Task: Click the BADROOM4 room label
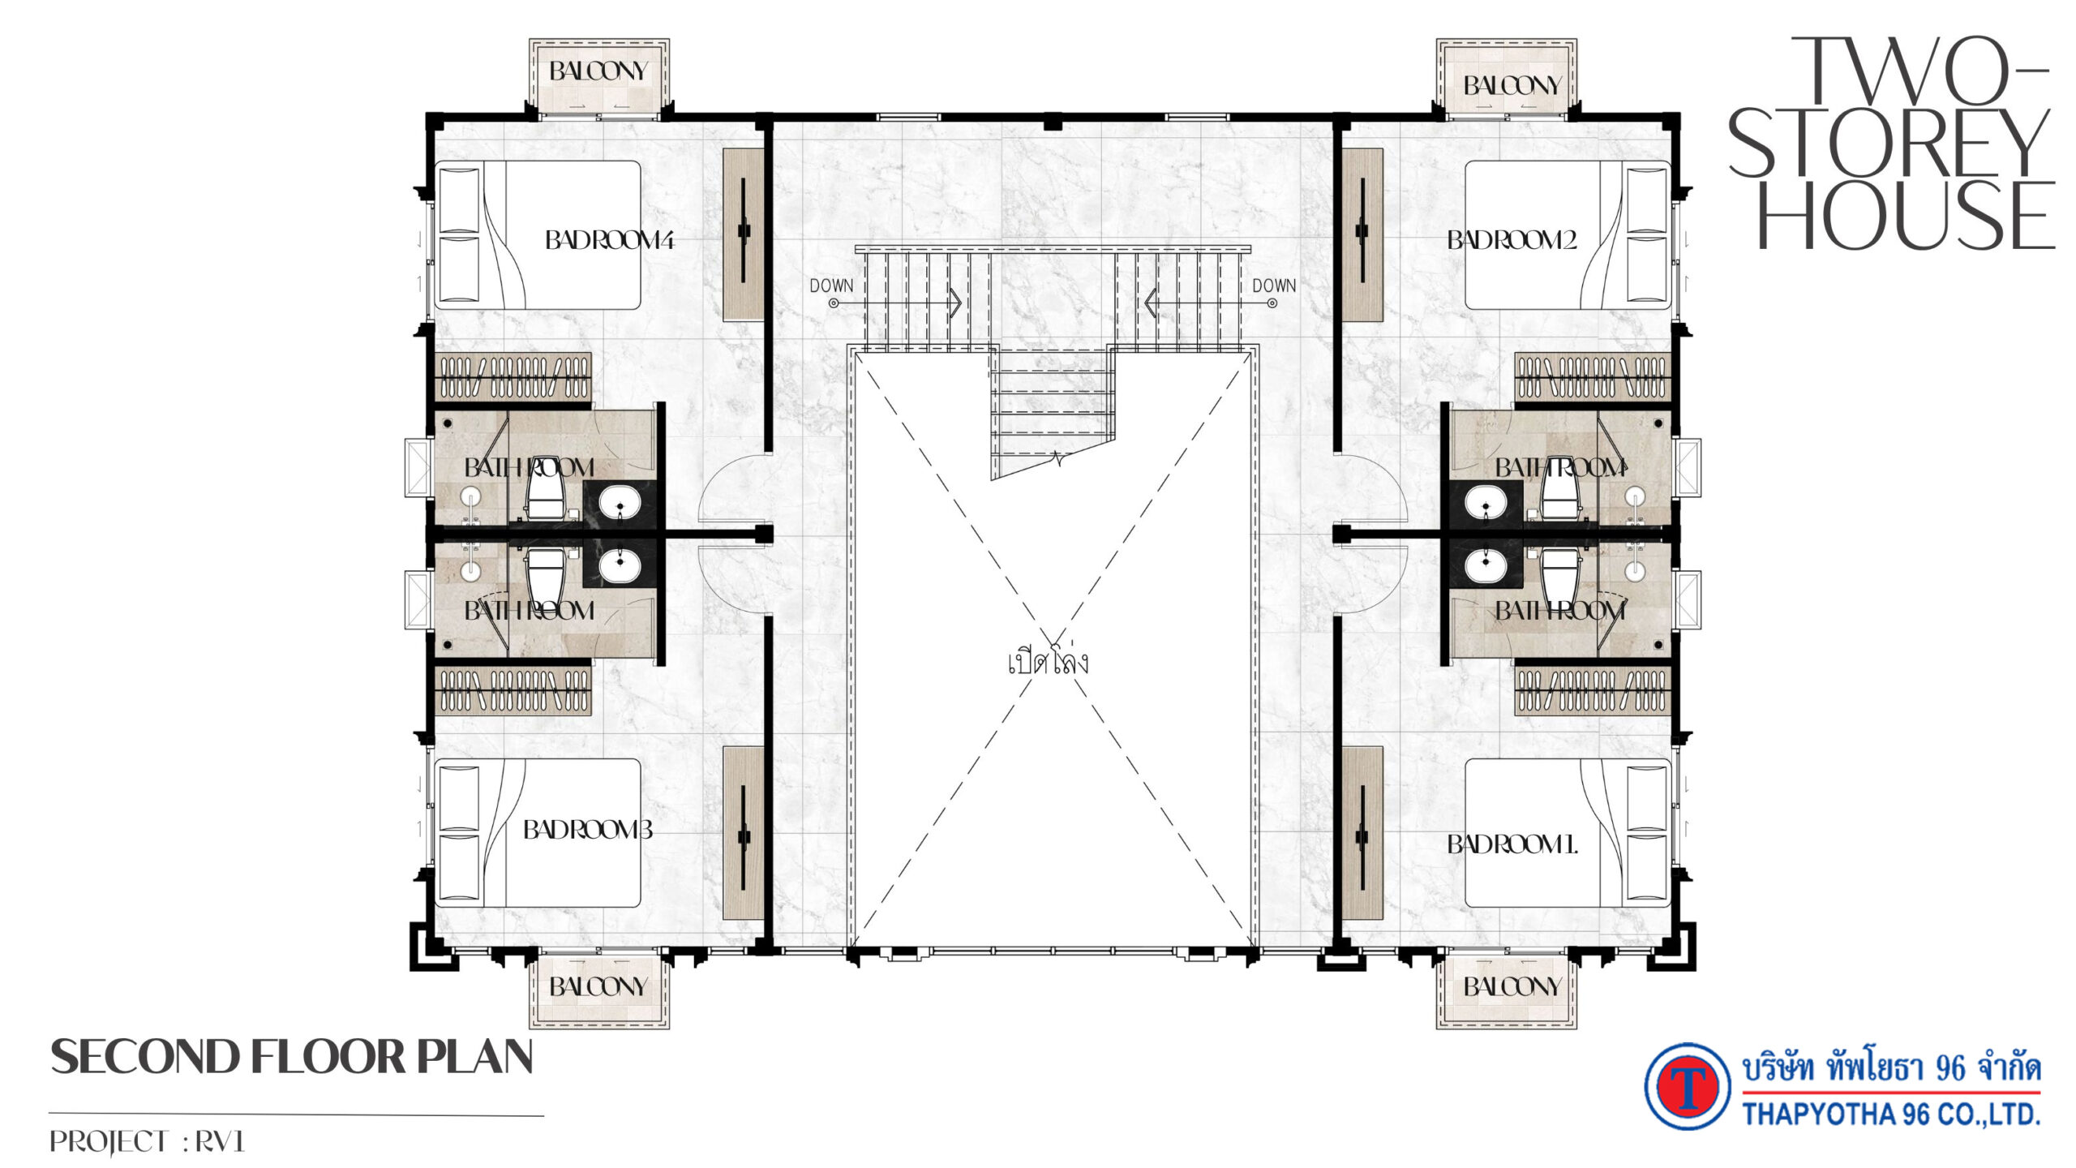[609, 240]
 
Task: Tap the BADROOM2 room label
[1512, 240]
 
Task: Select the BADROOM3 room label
[588, 830]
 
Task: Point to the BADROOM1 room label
[1512, 845]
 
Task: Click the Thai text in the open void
[1048, 661]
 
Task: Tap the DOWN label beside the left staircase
[831, 286]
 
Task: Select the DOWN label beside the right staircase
[1274, 286]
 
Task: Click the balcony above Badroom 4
[599, 78]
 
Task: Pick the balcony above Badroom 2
[1507, 78]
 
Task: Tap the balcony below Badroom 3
[599, 992]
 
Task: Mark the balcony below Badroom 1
[1507, 992]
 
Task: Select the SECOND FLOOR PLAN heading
[292, 1058]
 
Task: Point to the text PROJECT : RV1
[147, 1142]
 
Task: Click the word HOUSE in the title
[1906, 216]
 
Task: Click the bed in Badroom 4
[538, 235]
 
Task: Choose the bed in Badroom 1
[1568, 833]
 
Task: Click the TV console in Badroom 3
[744, 833]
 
